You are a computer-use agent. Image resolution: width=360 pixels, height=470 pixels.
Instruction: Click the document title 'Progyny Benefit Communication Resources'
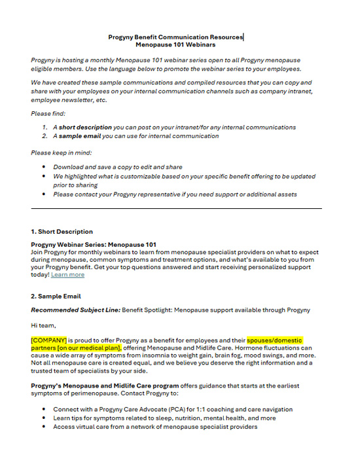click(175, 37)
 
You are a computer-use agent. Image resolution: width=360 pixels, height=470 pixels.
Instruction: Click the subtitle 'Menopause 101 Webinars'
click(175, 45)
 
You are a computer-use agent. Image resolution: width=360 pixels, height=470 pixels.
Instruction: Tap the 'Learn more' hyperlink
click(67, 274)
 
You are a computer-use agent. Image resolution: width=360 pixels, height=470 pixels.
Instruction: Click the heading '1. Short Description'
click(62, 232)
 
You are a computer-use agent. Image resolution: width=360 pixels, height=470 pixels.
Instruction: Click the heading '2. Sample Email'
click(56, 296)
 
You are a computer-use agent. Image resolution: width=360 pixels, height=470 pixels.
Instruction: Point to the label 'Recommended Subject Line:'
click(73, 310)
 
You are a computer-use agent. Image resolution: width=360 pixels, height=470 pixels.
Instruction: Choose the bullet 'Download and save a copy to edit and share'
click(118, 168)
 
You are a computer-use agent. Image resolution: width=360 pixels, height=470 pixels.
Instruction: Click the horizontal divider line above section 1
click(177, 209)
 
